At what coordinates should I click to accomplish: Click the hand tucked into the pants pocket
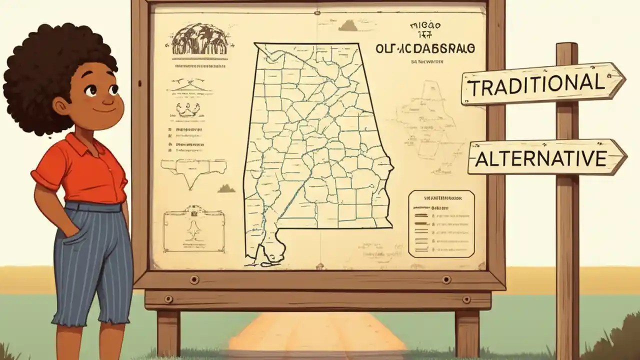pos(70,235)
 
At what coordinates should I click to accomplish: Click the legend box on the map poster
pos(441,223)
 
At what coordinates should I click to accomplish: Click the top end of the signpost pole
pos(566,47)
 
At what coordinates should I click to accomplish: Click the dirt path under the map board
pos(317,335)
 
